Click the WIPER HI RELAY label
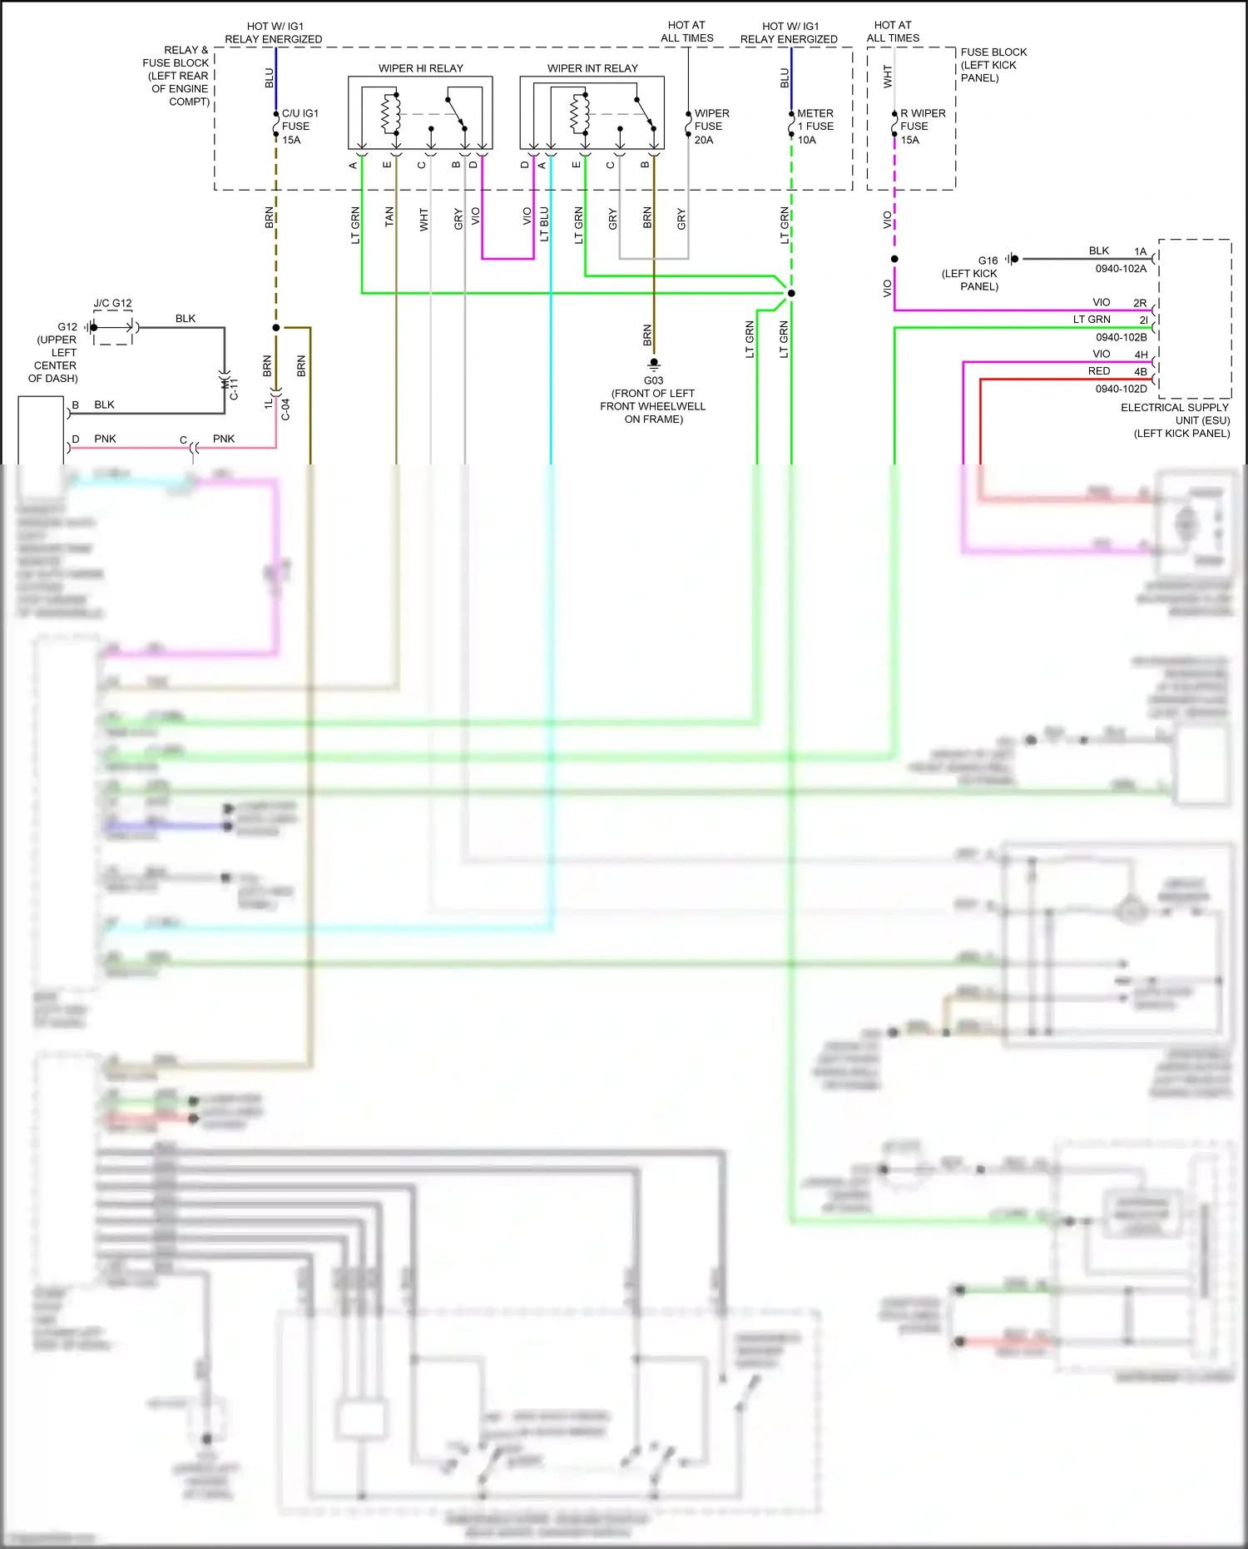point(420,68)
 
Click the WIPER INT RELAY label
point(592,68)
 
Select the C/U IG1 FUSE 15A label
point(299,127)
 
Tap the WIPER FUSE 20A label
point(711,127)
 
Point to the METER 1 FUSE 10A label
point(815,127)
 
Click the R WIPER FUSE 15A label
point(921,127)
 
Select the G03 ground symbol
point(654,363)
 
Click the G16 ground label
point(988,261)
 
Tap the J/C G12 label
point(112,303)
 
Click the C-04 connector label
point(285,409)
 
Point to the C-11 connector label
point(234,389)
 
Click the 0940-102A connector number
point(1121,269)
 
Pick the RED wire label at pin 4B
point(1098,371)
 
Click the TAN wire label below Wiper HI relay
point(389,217)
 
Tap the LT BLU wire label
point(544,224)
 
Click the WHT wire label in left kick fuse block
point(888,77)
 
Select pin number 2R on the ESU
point(1140,303)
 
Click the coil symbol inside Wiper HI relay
point(386,114)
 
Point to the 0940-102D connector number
point(1121,389)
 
